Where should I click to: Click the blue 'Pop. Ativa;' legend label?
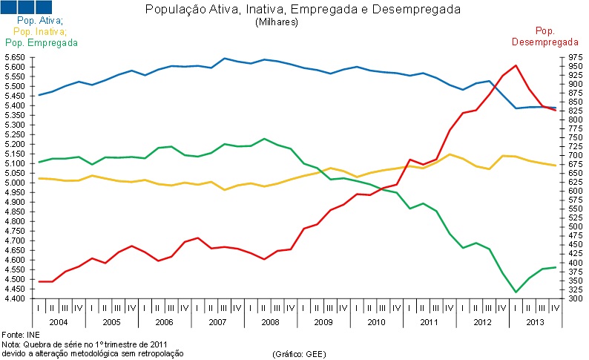pyautogui.click(x=39, y=22)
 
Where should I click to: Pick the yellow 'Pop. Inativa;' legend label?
pyautogui.click(x=40, y=32)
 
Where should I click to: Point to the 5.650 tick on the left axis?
pyautogui.click(x=15, y=57)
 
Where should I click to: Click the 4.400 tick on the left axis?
pyautogui.click(x=15, y=298)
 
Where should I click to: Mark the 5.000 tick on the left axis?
pyautogui.click(x=15, y=183)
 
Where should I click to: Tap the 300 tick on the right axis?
pyautogui.click(x=556, y=298)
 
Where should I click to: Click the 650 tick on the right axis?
pyautogui.click(x=556, y=173)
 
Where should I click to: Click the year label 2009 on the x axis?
pyautogui.click(x=322, y=324)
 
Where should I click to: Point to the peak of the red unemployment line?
pyautogui.click(x=516, y=65)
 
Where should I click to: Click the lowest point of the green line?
pyautogui.click(x=516, y=292)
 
